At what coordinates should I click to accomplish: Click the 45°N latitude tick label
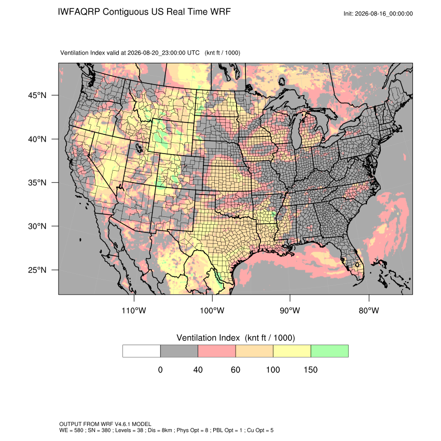pyautogui.click(x=37, y=95)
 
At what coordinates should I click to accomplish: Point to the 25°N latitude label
pyautogui.click(x=37, y=270)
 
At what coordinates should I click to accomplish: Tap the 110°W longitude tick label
pyautogui.click(x=134, y=310)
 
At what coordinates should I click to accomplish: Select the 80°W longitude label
pyautogui.click(x=369, y=310)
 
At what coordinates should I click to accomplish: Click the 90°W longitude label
pyautogui.click(x=290, y=310)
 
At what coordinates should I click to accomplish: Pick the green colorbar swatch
pyautogui.click(x=329, y=351)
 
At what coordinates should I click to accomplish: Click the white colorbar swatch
pyautogui.click(x=142, y=351)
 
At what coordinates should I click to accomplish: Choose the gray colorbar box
pyautogui.click(x=179, y=351)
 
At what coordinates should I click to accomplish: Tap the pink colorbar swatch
pyautogui.click(x=217, y=351)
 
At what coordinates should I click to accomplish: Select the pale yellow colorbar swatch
pyautogui.click(x=292, y=351)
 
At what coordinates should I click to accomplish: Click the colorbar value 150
pyautogui.click(x=310, y=369)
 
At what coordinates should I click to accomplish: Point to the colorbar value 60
pyautogui.click(x=236, y=369)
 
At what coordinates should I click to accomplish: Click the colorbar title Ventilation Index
pyautogui.click(x=208, y=338)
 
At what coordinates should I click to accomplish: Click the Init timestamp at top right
pyautogui.click(x=378, y=13)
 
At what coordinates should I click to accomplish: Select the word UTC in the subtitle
pyautogui.click(x=193, y=53)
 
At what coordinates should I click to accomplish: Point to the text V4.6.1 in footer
pyautogui.click(x=122, y=424)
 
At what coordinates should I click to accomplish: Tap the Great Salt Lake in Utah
pyautogui.click(x=139, y=147)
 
